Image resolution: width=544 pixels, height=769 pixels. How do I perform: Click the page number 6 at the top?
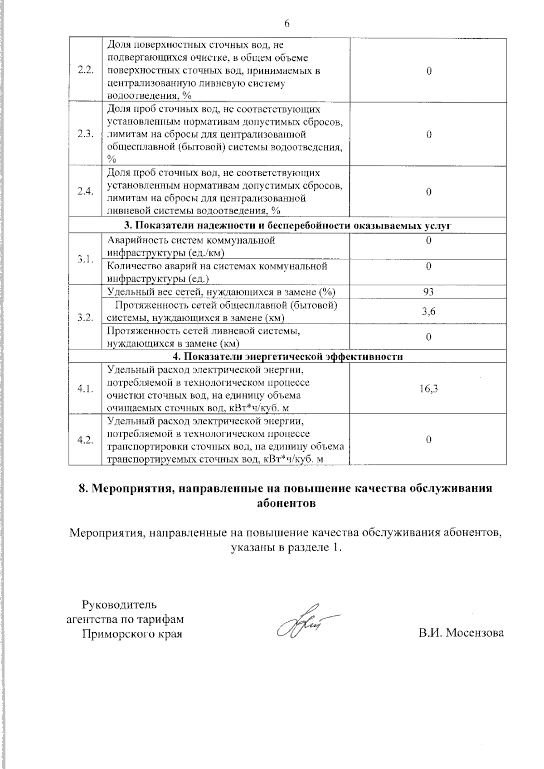click(286, 24)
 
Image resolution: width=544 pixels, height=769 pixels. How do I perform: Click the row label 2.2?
click(85, 70)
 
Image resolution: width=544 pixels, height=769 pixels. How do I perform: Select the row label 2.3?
click(85, 134)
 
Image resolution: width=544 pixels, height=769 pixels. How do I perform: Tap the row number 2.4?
click(85, 192)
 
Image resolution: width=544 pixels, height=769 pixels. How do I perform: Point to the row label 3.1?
click(85, 259)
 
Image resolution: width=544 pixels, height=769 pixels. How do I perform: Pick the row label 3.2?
click(85, 317)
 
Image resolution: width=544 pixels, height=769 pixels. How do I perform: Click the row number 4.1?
click(85, 389)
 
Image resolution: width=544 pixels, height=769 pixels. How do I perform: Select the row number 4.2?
click(85, 440)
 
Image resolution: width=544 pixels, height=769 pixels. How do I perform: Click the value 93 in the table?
click(428, 292)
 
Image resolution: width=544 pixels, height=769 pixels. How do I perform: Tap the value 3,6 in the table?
click(428, 311)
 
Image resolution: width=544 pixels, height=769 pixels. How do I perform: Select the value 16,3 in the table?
click(428, 389)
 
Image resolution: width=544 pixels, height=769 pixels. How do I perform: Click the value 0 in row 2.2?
click(428, 71)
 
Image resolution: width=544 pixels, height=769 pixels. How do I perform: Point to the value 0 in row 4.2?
click(428, 440)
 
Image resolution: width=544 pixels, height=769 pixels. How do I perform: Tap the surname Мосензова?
click(475, 633)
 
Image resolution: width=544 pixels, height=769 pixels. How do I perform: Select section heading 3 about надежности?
click(287, 226)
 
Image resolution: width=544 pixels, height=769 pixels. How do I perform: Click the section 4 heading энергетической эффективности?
click(287, 356)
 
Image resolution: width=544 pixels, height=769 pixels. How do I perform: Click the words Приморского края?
click(132, 634)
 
